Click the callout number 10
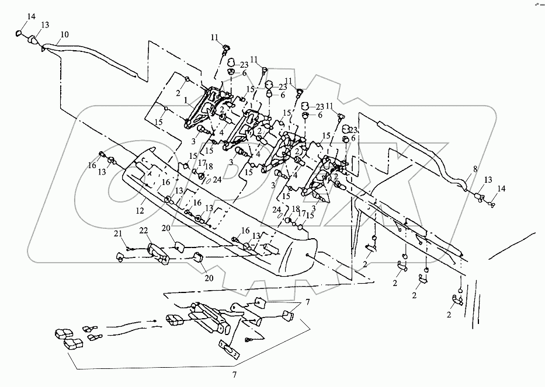(64, 35)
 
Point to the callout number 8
(475, 169)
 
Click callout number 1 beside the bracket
(186, 99)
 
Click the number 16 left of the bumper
(92, 166)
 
